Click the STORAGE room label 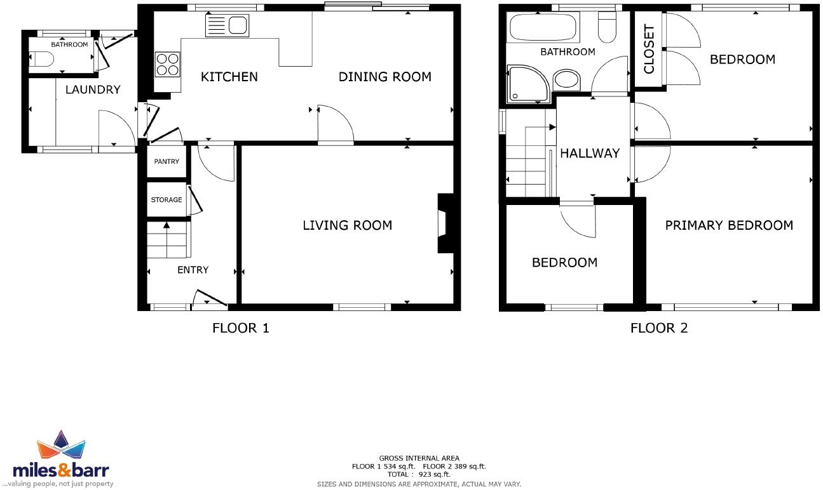coord(167,200)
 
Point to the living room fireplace coord(444,223)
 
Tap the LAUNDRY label coord(93,89)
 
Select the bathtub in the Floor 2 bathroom coord(542,28)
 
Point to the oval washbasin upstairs coord(566,81)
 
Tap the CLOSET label coord(649,50)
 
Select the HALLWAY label coord(590,153)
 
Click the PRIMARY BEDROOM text coord(729,225)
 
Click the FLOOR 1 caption coord(241,328)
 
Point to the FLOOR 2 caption coord(659,328)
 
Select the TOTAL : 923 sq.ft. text coord(419,474)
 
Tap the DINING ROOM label coord(384,77)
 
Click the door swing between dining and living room coord(335,123)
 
